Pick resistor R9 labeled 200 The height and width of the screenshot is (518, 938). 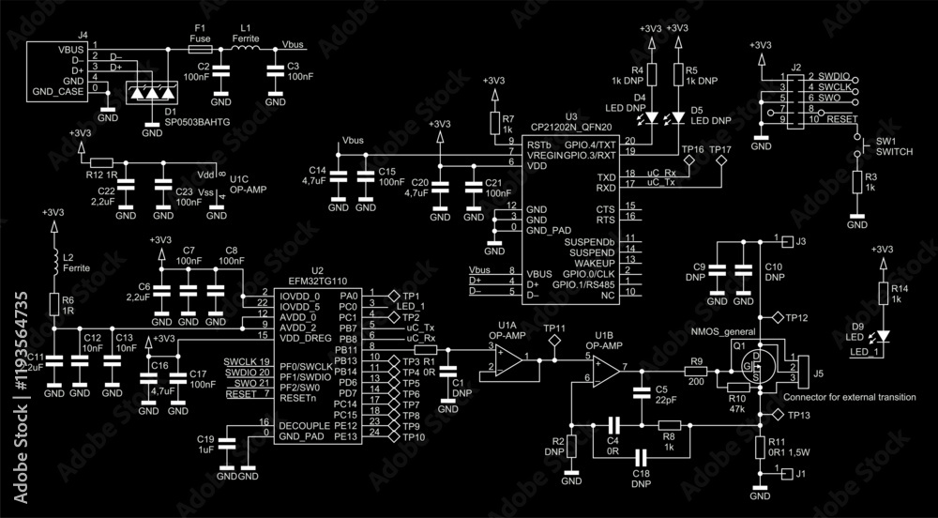point(695,373)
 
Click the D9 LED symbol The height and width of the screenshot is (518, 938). point(882,333)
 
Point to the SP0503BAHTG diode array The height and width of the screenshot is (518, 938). point(151,94)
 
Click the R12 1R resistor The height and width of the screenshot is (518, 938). point(102,162)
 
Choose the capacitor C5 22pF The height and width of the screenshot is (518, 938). point(641,392)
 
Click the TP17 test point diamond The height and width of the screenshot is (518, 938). point(721,161)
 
